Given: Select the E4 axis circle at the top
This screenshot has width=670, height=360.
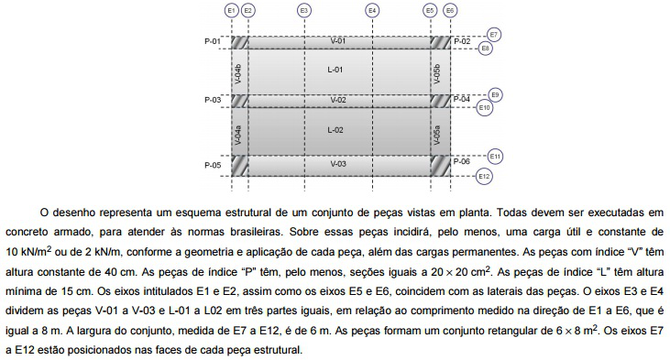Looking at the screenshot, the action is tap(371, 10).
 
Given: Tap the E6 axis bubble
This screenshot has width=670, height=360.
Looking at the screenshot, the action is tap(449, 10).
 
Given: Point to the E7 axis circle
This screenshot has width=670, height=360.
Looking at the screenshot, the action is tap(494, 35).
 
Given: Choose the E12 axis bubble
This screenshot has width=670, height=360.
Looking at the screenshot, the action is tap(485, 175).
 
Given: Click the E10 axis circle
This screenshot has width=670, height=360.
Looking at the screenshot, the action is tap(485, 108).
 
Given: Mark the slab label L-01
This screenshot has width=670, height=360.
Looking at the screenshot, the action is tap(335, 71).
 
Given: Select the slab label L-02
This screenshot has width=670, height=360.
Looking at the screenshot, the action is tap(335, 130).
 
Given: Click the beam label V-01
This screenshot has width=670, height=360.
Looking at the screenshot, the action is tap(338, 42).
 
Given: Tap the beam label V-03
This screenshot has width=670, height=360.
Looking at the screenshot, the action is tap(338, 163).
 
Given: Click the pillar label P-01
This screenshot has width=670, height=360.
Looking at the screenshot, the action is tap(212, 42).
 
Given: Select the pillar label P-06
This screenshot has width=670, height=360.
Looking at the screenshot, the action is tap(461, 161).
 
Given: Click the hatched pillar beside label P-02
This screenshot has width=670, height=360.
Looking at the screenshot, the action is tap(441, 42).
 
